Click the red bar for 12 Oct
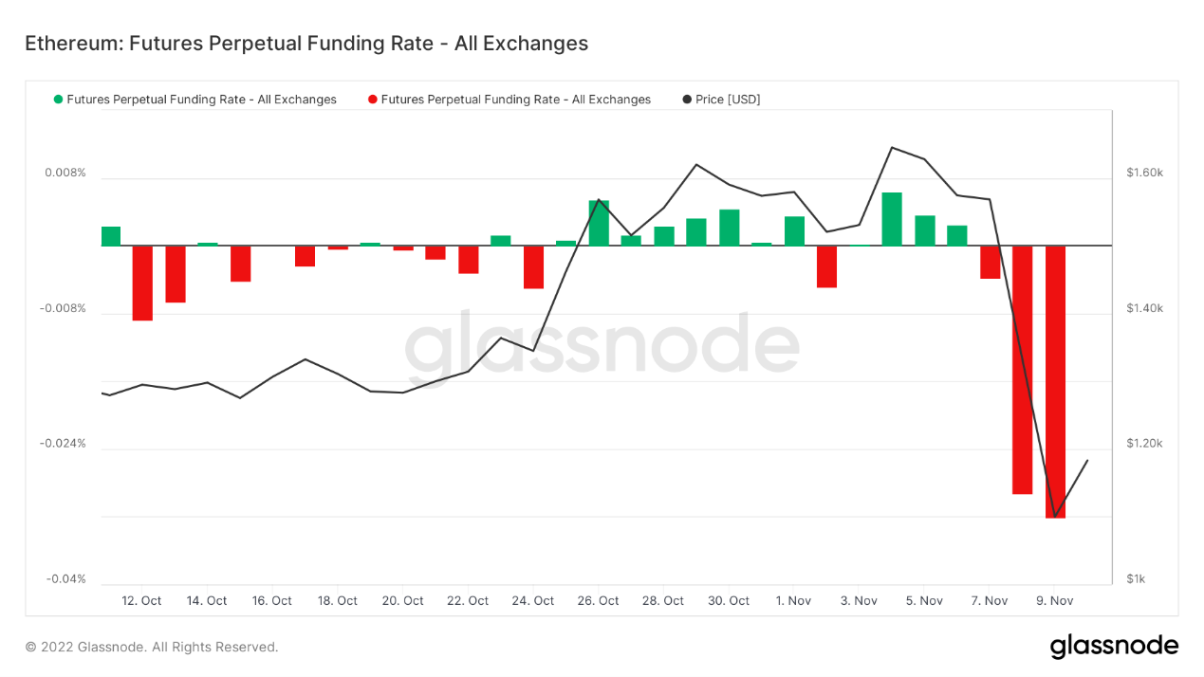coord(142,283)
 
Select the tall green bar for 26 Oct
coord(599,223)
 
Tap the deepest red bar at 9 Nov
coord(1055,381)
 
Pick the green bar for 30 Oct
coord(729,228)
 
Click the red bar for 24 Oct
coord(533,266)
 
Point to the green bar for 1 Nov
coord(794,230)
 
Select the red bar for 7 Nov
coord(990,262)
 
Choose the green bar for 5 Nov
coord(925,230)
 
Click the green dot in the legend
coord(59,100)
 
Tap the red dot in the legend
coord(373,100)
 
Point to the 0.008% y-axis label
coord(65,174)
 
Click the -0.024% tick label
coord(63,444)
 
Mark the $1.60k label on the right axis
coord(1144,174)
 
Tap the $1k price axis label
coord(1137,579)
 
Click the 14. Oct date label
coord(207,601)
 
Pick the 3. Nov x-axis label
coord(859,601)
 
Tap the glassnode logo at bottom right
coord(1114,647)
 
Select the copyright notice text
coord(152,648)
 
